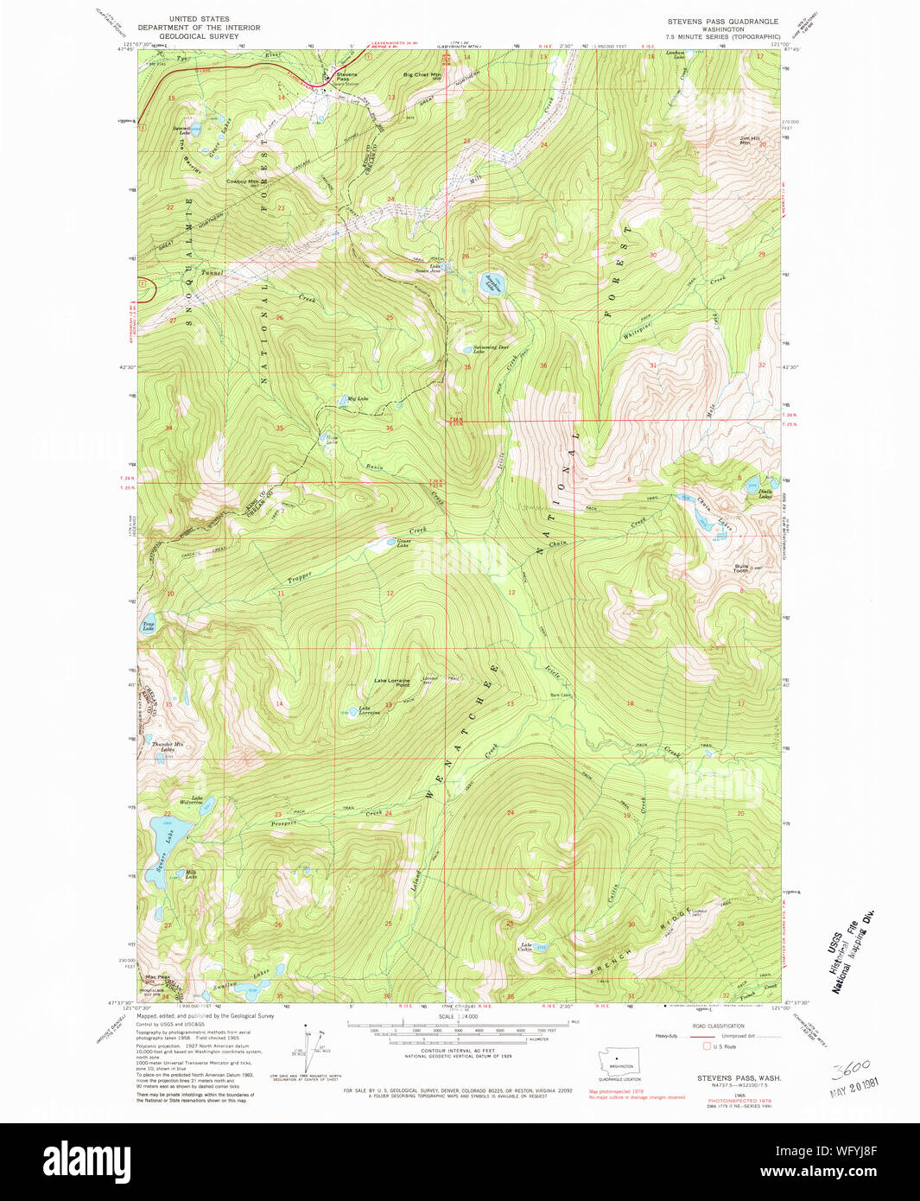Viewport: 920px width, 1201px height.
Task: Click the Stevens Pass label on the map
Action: click(346, 77)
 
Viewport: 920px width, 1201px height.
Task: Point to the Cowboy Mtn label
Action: click(242, 181)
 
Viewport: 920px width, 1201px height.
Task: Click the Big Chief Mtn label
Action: click(422, 75)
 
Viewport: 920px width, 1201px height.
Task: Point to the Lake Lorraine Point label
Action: click(391, 683)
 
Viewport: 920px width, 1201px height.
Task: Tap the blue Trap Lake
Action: click(147, 625)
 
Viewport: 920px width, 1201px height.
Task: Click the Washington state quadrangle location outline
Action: click(619, 1059)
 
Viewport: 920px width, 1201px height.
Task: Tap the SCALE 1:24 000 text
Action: click(458, 1016)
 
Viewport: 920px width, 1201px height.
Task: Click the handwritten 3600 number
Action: click(851, 1069)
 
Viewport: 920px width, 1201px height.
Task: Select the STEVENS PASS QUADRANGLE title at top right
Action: click(722, 21)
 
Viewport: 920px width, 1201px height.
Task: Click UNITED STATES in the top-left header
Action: click(199, 19)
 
